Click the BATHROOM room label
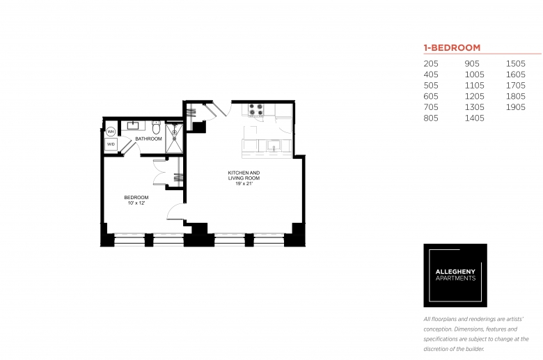coord(148,139)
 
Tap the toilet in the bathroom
coord(156,127)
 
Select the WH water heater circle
coord(111,132)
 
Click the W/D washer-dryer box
coord(111,144)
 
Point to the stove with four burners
coord(256,109)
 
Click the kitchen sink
coord(274,146)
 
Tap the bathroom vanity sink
coord(133,125)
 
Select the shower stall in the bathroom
coord(174,138)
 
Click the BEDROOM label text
coord(136,198)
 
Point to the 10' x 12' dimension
coord(136,203)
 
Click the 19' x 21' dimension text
coord(244,184)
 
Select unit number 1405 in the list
coord(475,118)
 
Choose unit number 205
coord(431,64)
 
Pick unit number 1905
coord(516,107)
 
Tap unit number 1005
coord(475,75)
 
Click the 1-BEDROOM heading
coord(452,48)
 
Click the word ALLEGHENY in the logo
coord(455,272)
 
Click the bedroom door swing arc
coord(172,210)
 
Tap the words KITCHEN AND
coord(244,173)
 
